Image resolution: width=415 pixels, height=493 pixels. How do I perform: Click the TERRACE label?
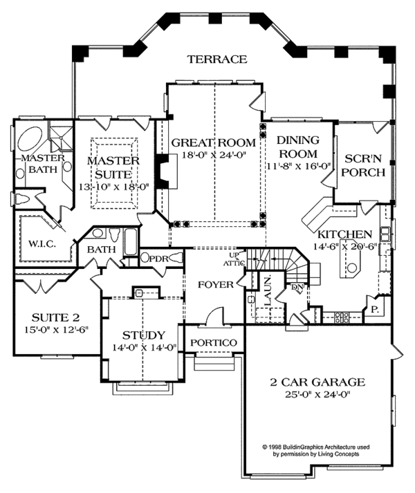coord(217,59)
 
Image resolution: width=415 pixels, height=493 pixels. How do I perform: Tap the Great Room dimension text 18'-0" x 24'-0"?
coord(214,155)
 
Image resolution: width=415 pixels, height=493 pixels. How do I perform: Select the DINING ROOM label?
coord(298,147)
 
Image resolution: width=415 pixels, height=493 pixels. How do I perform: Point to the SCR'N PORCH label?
coord(365,165)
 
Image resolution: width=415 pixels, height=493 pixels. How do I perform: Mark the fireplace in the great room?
coord(167,171)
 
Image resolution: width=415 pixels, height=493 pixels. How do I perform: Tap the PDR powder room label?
coord(159,259)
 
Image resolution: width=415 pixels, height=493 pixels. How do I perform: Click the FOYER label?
coord(216,285)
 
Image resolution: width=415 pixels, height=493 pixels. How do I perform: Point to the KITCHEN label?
coord(344,234)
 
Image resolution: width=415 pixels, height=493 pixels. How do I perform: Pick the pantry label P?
coord(374,310)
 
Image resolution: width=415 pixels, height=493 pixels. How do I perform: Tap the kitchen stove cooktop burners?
coord(342,317)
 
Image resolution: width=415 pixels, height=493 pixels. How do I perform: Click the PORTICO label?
coord(214,342)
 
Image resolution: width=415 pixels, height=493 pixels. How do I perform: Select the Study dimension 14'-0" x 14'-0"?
coord(144,347)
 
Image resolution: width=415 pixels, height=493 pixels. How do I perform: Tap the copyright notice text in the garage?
coord(316,450)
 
